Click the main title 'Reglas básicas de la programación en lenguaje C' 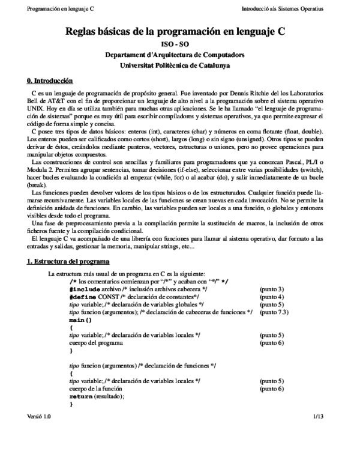click(x=179, y=34)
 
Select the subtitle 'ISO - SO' click(x=179, y=45)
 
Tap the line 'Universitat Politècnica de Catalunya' click(x=179, y=65)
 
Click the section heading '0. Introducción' click(x=50, y=80)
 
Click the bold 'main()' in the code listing click(x=80, y=320)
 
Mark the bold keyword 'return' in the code click(x=80, y=397)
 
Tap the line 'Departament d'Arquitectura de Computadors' click(x=179, y=55)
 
